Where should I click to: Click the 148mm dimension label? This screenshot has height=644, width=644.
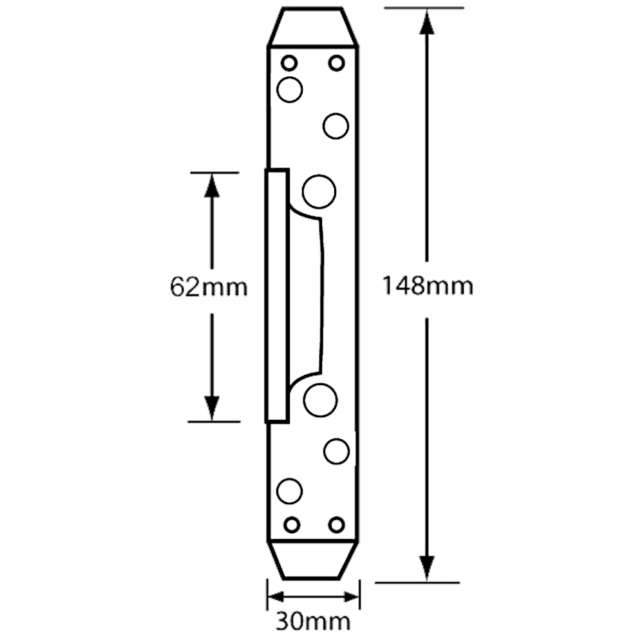(x=428, y=286)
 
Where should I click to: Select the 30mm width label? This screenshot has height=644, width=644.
(x=314, y=622)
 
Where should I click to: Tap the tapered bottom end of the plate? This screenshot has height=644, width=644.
(x=314, y=561)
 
